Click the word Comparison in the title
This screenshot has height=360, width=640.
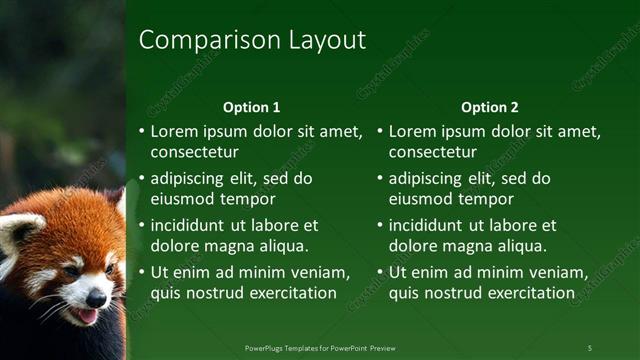pos(196,40)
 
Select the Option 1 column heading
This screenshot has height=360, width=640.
pos(252,107)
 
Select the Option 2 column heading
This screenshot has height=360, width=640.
pos(490,107)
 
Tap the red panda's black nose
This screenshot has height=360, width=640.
pos(96,298)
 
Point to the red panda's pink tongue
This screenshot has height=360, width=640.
pos(88,316)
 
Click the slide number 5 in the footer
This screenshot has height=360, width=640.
pos(589,347)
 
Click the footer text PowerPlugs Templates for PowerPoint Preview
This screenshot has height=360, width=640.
pos(320,347)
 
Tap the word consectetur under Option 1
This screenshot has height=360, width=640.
pos(194,152)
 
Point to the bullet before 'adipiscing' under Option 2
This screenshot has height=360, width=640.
pos(381,178)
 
